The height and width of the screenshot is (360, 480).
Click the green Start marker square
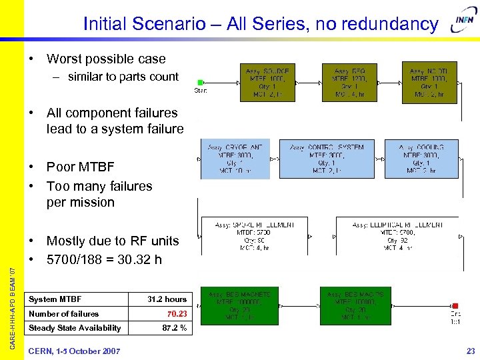coord(200,83)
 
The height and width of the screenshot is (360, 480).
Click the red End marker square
coord(455,306)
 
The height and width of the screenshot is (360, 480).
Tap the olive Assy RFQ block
coord(349,83)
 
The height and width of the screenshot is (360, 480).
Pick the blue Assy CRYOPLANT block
coord(235,159)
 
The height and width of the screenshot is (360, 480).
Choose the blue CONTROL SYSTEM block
coord(327,159)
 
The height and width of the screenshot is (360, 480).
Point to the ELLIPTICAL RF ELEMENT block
coord(398,236)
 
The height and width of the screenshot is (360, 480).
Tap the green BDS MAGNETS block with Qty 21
coord(239,306)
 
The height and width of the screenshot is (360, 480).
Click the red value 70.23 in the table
coord(177,313)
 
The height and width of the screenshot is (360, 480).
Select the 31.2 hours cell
coord(167,299)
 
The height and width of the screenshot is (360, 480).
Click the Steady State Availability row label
coord(75,327)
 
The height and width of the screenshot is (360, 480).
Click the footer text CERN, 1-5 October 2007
coord(74,351)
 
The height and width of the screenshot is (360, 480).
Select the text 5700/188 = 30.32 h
coord(104,259)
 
